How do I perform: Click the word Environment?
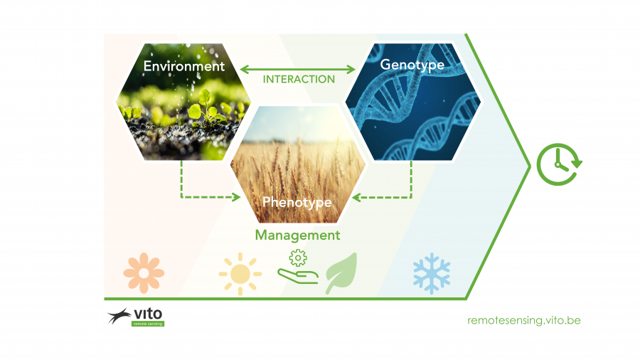[x=184, y=66]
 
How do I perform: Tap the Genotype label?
[x=412, y=65]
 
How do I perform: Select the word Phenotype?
[x=297, y=203]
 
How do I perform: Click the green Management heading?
[x=297, y=235]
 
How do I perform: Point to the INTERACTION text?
[x=299, y=79]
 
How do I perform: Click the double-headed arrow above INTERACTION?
[x=298, y=70]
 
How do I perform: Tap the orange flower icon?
[x=144, y=273]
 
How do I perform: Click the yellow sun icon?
[x=240, y=274]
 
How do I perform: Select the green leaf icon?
[x=343, y=272]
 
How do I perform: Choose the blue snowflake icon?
[x=432, y=273]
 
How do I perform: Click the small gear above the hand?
[x=298, y=258]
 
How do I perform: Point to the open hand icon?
[x=298, y=276]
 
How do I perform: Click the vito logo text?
[x=148, y=314]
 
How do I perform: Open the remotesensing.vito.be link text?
[x=524, y=320]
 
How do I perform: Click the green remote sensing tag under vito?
[x=148, y=324]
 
